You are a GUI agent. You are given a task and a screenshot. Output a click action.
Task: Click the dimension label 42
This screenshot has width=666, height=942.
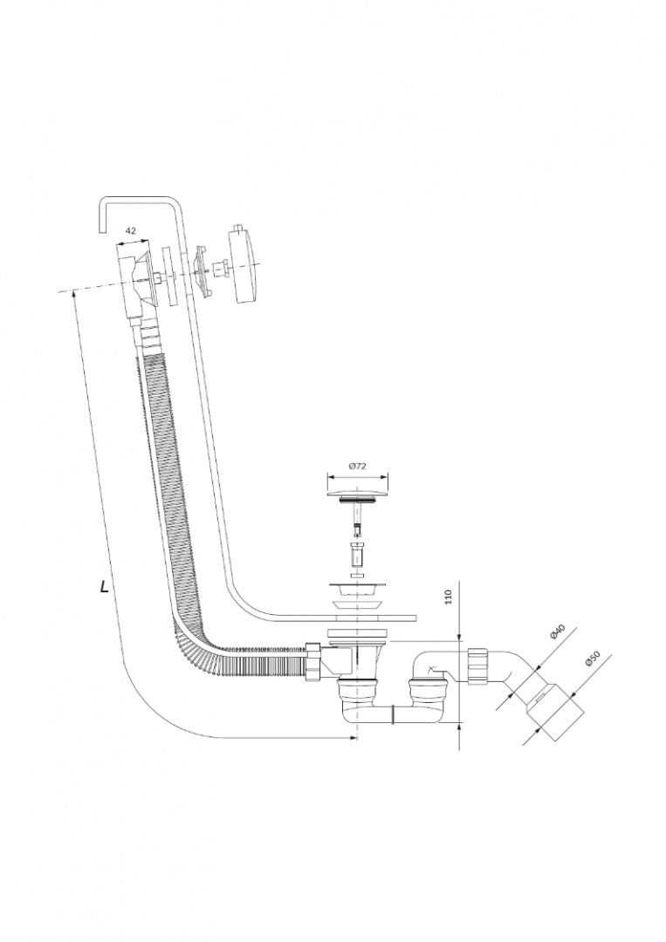pos(130,230)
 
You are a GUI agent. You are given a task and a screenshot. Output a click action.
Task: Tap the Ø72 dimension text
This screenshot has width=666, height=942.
pos(356,467)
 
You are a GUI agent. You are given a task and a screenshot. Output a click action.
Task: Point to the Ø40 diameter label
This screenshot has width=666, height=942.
pos(559,632)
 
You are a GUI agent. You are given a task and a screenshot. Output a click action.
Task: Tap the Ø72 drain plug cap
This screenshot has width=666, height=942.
pos(356,494)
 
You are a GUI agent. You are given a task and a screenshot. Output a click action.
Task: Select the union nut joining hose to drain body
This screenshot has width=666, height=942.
pos(311,664)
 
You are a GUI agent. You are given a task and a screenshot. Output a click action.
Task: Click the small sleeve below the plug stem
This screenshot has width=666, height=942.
pos(356,553)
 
